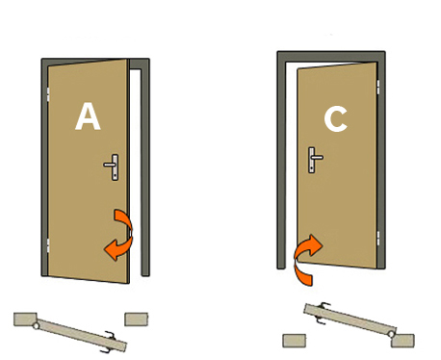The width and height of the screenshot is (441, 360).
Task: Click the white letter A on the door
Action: pyautogui.click(x=88, y=116)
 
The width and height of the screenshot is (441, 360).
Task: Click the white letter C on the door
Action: pyautogui.click(x=336, y=119)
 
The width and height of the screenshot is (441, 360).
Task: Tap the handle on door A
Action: pyautogui.click(x=113, y=167)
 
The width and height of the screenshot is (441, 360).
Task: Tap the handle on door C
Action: pyautogui.click(x=315, y=160)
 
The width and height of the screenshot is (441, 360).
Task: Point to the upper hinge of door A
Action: pyautogui.click(x=48, y=94)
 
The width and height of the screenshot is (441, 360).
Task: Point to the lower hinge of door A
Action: pyautogui.click(x=48, y=245)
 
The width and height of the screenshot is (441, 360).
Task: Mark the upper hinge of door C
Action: pyautogui.click(x=377, y=87)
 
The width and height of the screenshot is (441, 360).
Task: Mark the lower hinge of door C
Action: pyautogui.click(x=377, y=238)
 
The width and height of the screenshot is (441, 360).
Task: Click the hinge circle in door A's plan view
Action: pyautogui.click(x=36, y=326)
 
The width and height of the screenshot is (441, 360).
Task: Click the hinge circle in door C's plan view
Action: pyautogui.click(x=391, y=334)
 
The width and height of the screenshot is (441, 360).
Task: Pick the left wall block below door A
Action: pyautogui.click(x=25, y=319)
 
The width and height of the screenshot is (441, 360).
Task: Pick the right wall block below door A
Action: pyautogui.click(x=137, y=320)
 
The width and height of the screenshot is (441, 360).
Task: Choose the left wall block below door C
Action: pyautogui.click(x=295, y=341)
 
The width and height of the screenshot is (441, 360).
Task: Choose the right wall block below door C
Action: pyautogui.click(x=402, y=341)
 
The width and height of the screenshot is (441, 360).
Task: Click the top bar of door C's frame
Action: pyautogui.click(x=331, y=56)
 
